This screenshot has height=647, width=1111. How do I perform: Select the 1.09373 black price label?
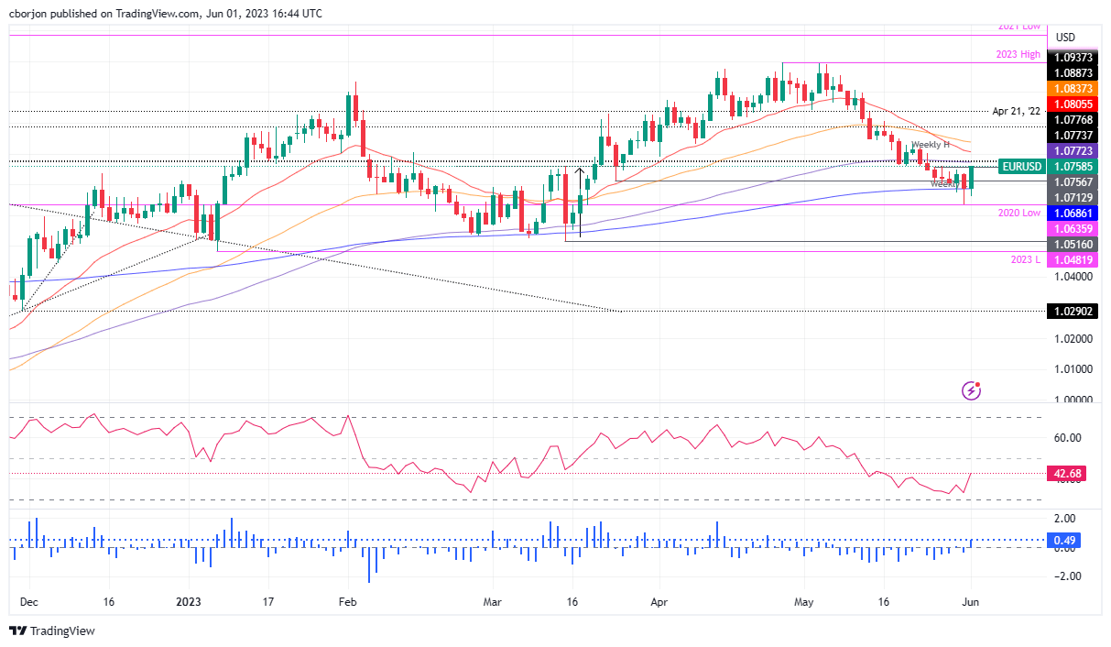[1073, 57]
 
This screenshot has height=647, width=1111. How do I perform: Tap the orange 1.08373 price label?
[1073, 88]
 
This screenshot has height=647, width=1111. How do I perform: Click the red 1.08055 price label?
[1073, 104]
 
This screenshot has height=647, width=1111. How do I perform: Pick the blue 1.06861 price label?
[1073, 212]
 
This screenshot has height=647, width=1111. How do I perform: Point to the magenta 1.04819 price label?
[1073, 259]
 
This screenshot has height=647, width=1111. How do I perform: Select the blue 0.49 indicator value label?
[1064, 540]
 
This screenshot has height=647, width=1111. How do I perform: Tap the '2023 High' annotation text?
[1018, 55]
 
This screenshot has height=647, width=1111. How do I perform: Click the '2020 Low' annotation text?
[1018, 212]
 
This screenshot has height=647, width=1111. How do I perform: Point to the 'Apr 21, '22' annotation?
[1016, 111]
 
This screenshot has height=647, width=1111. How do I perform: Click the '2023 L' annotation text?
[1025, 259]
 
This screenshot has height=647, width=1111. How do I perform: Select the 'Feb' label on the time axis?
[346, 603]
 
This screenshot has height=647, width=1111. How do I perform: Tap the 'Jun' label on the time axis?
[970, 603]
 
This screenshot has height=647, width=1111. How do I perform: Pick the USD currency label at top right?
[1065, 38]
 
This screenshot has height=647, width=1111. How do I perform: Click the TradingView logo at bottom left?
[52, 631]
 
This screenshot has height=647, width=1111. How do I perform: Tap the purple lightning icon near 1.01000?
[971, 391]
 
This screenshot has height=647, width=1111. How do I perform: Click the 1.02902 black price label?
[1073, 312]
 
